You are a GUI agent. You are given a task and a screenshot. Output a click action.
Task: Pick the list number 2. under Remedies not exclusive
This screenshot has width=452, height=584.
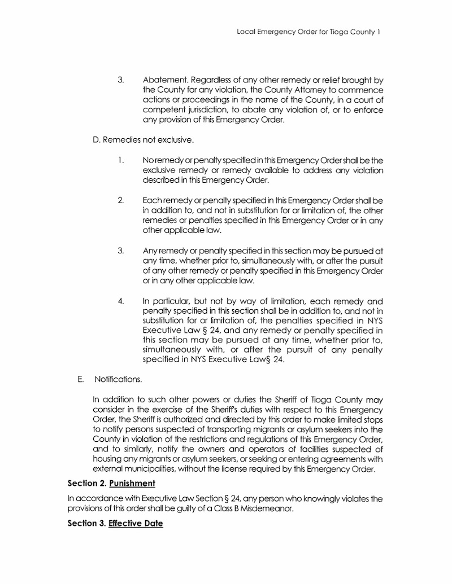tap(121, 201)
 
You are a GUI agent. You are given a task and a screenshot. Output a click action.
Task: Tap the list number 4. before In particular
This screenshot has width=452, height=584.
tap(121, 301)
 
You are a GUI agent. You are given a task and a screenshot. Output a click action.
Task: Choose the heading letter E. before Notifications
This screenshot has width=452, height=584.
tap(81, 379)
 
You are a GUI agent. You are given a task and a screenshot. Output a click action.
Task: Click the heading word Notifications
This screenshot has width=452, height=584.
tap(119, 379)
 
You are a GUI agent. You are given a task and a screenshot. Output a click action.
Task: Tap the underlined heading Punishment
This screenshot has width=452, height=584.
tap(132, 484)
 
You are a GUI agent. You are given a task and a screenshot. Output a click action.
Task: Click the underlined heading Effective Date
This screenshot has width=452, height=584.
tap(136, 524)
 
